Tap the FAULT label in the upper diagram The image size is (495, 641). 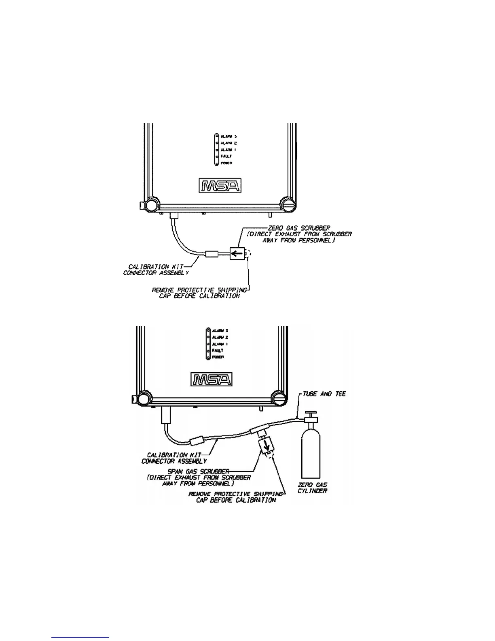[226, 156]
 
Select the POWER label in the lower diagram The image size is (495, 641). [218, 357]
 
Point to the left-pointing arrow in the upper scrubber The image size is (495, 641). [237, 254]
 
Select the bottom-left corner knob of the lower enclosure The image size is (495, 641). [143, 398]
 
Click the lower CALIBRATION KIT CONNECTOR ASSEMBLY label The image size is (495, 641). [174, 458]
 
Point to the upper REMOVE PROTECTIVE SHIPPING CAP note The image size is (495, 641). [199, 293]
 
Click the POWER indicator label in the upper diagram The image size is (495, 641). [226, 163]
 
